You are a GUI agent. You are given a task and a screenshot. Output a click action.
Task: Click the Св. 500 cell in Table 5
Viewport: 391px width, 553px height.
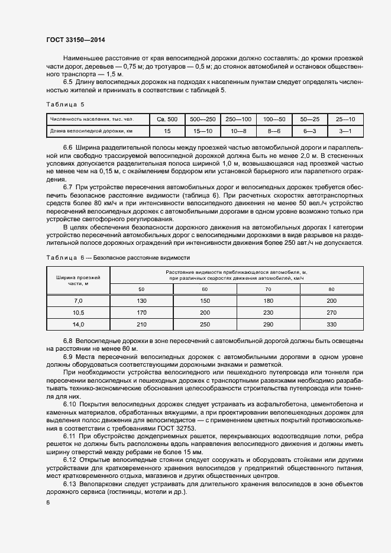pyautogui.click(x=167, y=118)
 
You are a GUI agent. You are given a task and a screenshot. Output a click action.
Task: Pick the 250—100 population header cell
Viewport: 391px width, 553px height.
pyautogui.click(x=238, y=118)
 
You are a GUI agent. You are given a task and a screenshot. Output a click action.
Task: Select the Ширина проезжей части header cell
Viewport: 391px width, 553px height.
pyautogui.click(x=78, y=280)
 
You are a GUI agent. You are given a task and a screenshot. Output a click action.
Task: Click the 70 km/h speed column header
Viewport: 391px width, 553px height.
pyautogui.click(x=267, y=289)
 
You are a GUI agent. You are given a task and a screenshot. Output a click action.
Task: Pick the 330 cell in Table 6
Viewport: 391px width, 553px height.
pyautogui.click(x=331, y=324)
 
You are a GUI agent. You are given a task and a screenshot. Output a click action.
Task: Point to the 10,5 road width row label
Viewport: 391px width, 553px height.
pyautogui.click(x=78, y=312)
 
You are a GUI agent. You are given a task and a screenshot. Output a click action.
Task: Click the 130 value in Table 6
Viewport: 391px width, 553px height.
pyautogui.click(x=141, y=301)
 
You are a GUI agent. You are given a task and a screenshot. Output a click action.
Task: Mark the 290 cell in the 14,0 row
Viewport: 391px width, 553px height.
pyautogui.click(x=267, y=324)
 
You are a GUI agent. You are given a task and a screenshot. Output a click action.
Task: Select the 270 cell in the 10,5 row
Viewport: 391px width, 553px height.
pyautogui.click(x=331, y=312)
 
